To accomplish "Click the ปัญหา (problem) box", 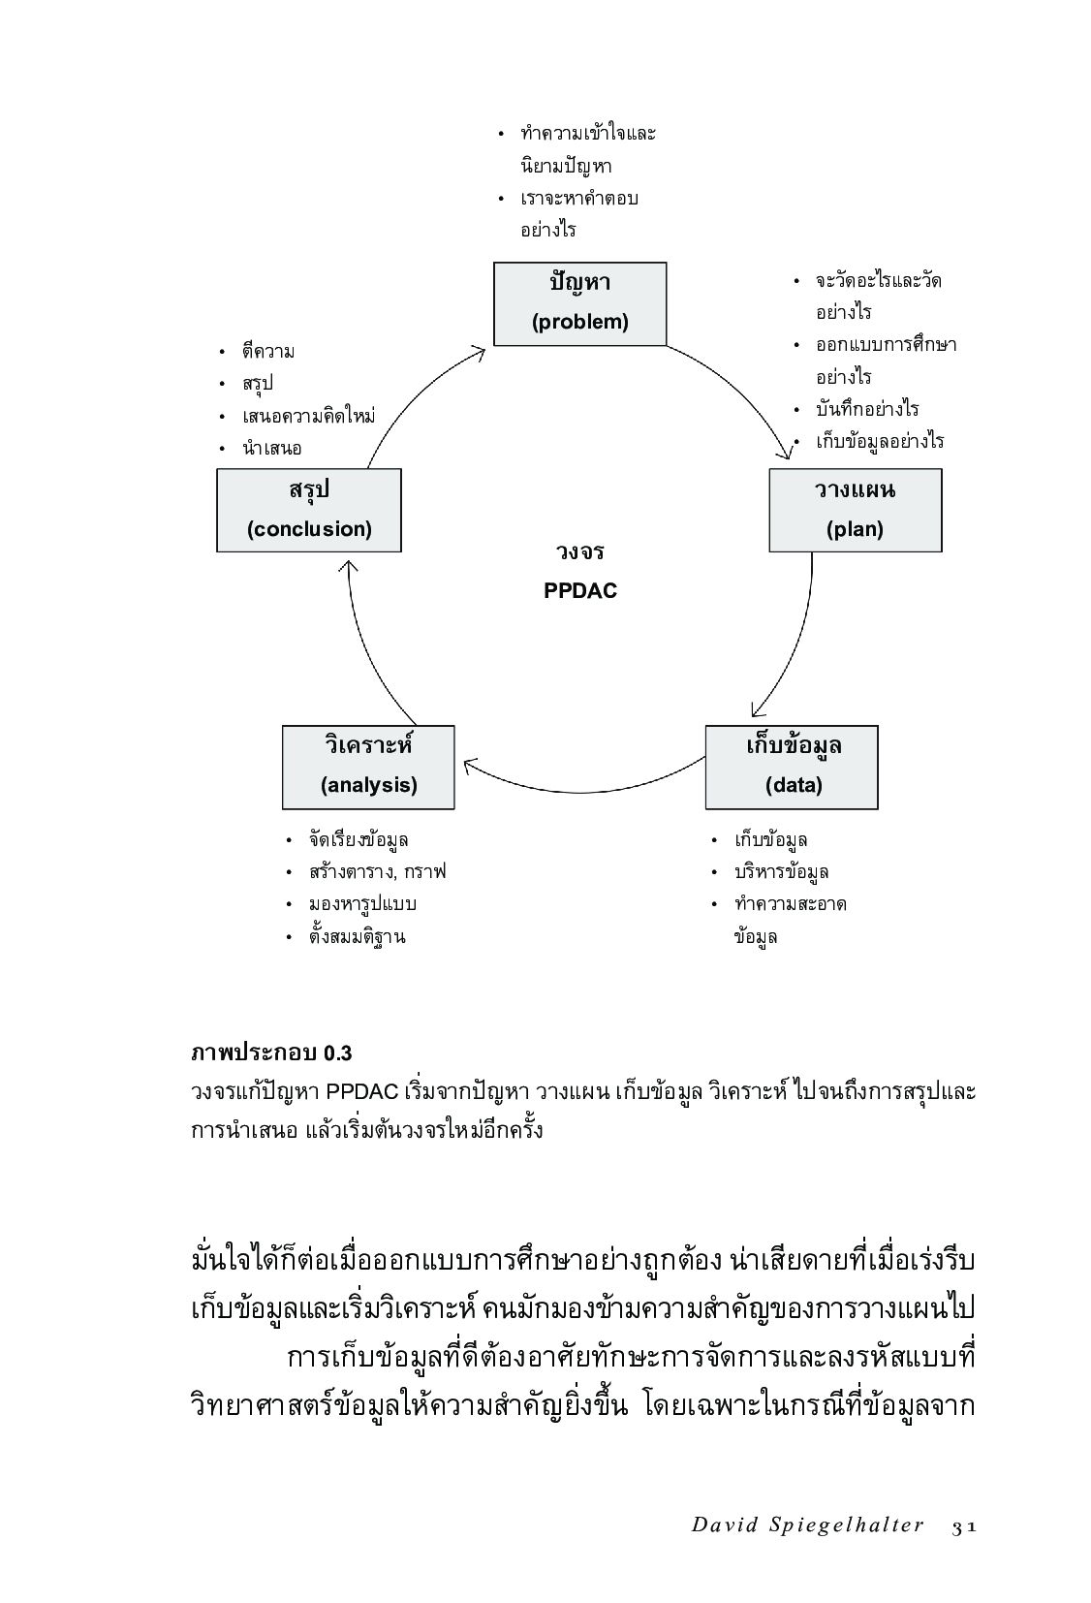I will click(579, 303).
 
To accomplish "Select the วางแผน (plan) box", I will click(855, 510).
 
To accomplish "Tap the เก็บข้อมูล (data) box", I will click(791, 767).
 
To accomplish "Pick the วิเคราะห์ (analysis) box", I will click(368, 767).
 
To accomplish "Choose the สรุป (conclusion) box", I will click(308, 510).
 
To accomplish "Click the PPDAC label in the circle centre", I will click(579, 590).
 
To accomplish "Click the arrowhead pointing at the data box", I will click(757, 711).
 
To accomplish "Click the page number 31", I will click(962, 1525).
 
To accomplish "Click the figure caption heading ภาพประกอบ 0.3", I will click(271, 1053).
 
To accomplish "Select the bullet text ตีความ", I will click(268, 352).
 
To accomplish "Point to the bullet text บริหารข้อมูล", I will click(781, 871).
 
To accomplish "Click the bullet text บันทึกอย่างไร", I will click(866, 409).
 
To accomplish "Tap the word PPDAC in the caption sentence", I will click(362, 1091).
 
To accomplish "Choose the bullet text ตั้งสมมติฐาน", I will click(357, 936).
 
